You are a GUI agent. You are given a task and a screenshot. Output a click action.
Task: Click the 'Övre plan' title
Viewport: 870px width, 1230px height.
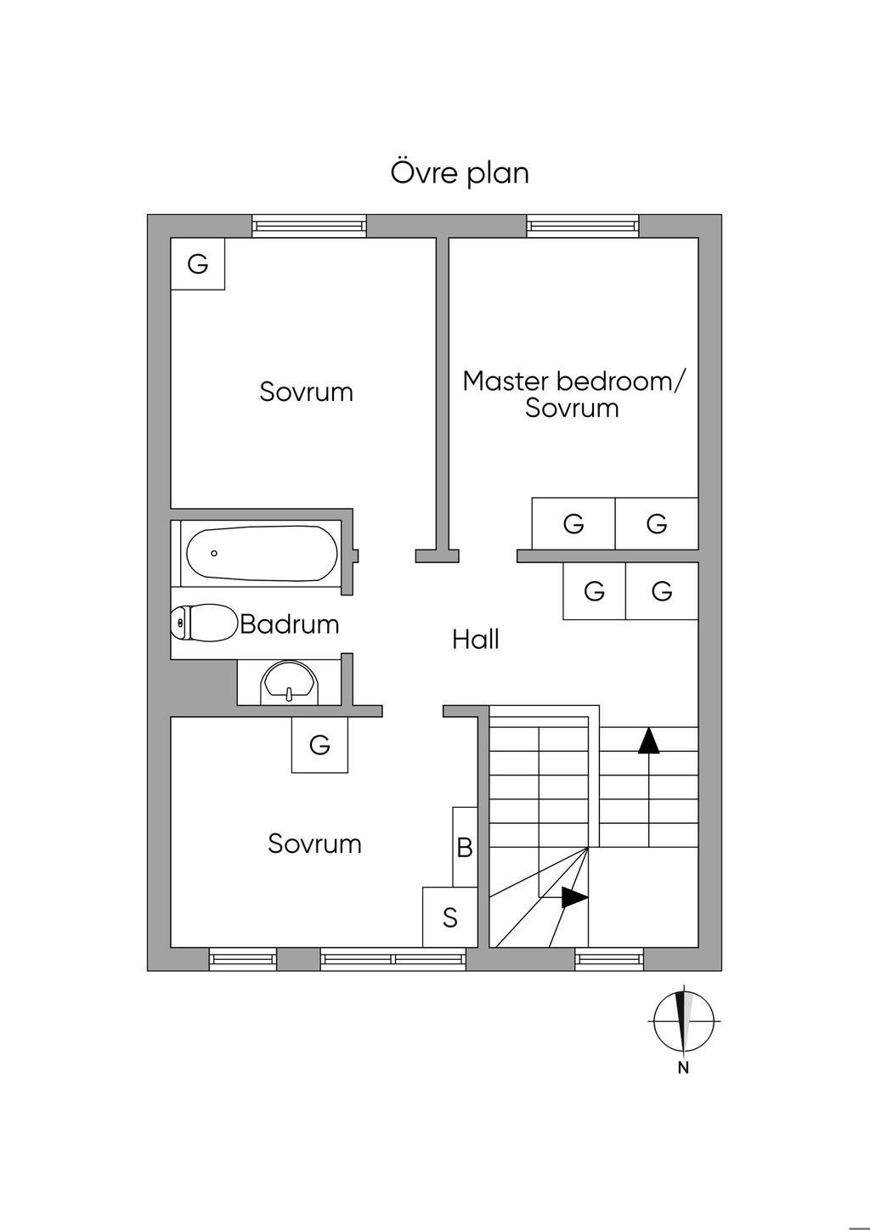pyautogui.click(x=460, y=172)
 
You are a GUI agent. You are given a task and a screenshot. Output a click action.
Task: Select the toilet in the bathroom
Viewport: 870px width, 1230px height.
pyautogui.click(x=204, y=623)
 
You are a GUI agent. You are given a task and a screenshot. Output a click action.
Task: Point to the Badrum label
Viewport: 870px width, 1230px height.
pyautogui.click(x=290, y=624)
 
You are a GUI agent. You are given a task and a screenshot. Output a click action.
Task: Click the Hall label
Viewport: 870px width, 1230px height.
pyautogui.click(x=476, y=639)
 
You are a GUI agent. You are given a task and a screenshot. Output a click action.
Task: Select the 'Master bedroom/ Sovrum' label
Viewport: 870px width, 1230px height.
pyautogui.click(x=572, y=394)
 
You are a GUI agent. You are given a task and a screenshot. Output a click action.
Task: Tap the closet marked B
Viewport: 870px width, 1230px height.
pyautogui.click(x=465, y=847)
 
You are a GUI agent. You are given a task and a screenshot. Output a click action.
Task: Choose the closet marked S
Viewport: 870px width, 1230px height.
pyautogui.click(x=450, y=917)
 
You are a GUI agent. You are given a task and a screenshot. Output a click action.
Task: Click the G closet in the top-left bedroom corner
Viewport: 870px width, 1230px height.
pyautogui.click(x=198, y=264)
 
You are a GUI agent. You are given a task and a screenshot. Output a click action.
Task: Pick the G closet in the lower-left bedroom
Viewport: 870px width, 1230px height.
pyautogui.click(x=319, y=745)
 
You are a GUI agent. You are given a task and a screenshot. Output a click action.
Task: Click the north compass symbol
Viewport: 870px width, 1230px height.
pyautogui.click(x=683, y=1019)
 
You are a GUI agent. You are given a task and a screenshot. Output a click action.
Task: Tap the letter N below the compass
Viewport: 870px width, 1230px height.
pyautogui.click(x=683, y=1069)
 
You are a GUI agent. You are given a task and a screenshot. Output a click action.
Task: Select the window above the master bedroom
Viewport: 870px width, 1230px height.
pyautogui.click(x=582, y=226)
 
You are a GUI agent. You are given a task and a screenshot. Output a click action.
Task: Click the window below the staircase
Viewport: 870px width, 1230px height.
pyautogui.click(x=609, y=959)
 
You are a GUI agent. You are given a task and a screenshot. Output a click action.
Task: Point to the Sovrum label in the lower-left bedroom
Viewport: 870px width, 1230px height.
pyautogui.click(x=314, y=844)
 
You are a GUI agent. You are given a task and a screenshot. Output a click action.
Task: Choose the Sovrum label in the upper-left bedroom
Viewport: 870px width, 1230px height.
pyautogui.click(x=306, y=392)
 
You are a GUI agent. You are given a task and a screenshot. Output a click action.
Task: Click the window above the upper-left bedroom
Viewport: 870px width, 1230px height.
pyautogui.click(x=309, y=226)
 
